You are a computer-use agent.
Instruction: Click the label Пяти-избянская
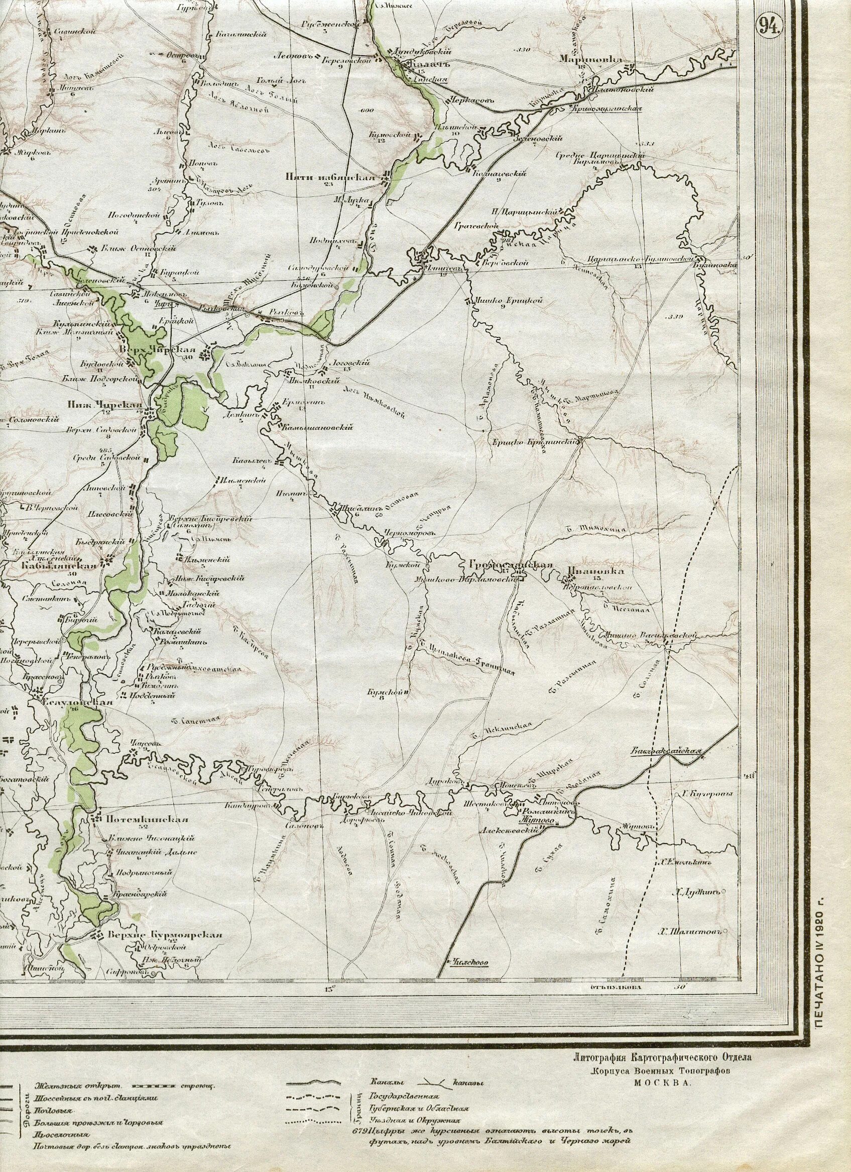pyautogui.click(x=330, y=177)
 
